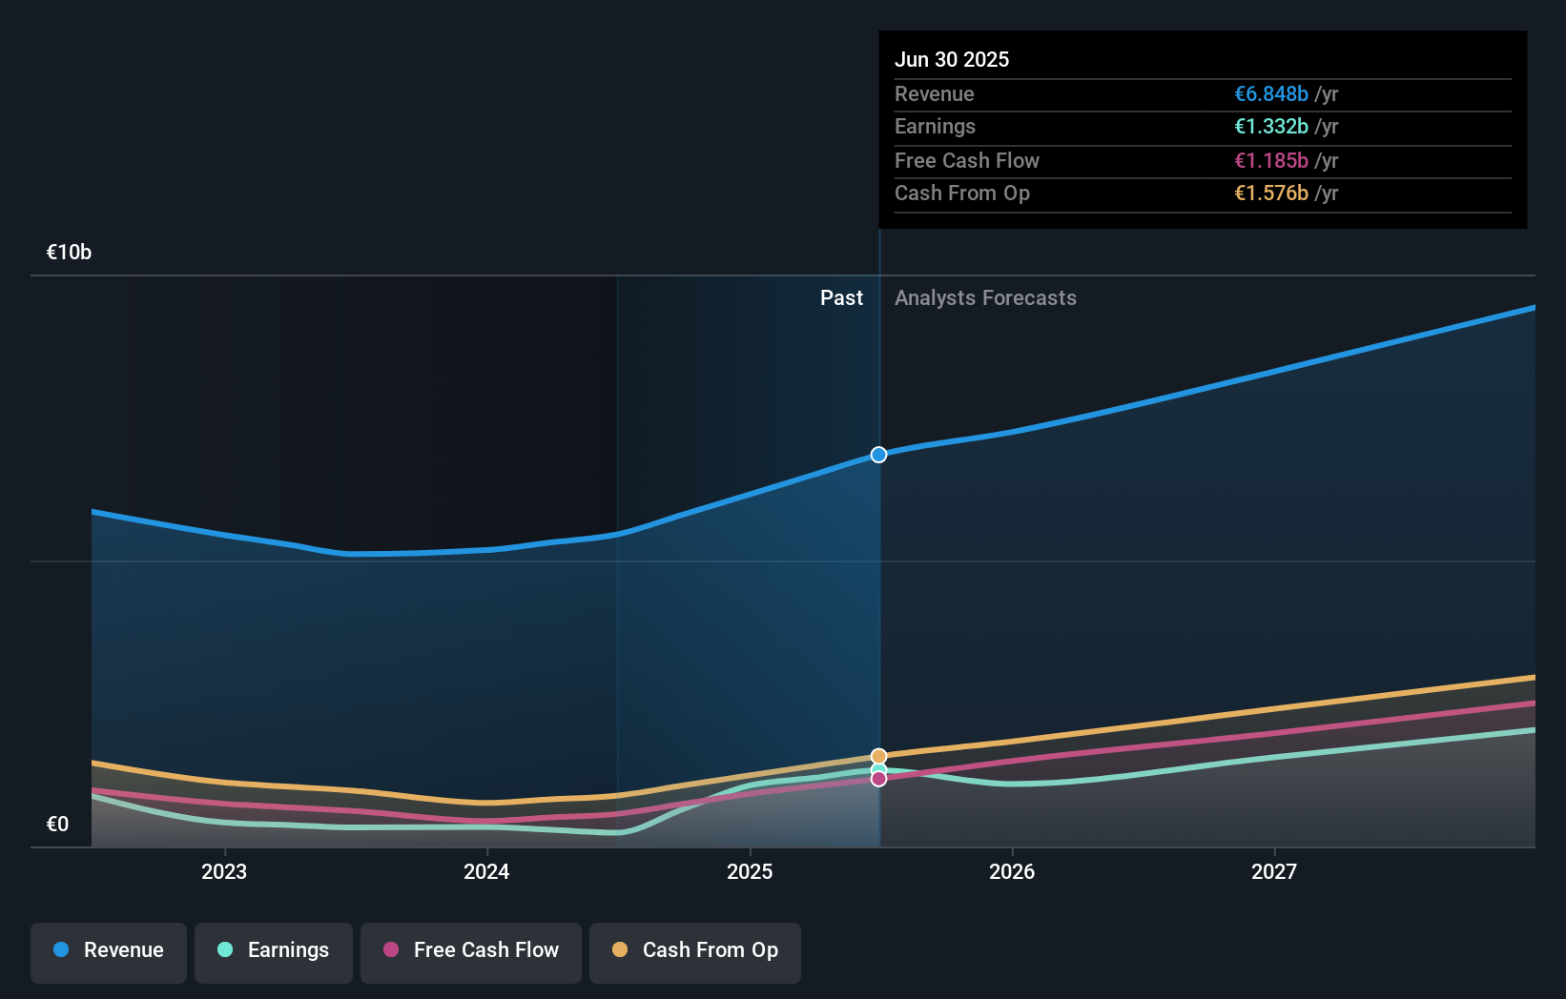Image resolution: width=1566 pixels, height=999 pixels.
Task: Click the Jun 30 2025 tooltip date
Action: pos(951,59)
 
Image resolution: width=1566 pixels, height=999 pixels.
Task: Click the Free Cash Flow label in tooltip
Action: pos(966,160)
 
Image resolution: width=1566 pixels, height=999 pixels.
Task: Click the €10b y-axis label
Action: pos(69,252)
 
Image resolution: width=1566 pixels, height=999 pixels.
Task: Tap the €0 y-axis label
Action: pos(57,824)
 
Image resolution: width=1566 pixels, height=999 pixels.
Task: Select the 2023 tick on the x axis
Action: pos(224,871)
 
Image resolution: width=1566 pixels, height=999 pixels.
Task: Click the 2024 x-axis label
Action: pos(486,871)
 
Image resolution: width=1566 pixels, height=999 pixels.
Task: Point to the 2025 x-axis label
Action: pos(750,871)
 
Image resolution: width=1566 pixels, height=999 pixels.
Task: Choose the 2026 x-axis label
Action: pos(1012,871)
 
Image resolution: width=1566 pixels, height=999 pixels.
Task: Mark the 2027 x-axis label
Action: pos(1274,871)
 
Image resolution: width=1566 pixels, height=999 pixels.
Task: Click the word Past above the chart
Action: pos(841,297)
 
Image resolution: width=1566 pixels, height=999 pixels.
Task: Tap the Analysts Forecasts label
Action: pos(985,297)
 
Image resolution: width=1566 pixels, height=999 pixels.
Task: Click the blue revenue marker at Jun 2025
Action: pos(878,455)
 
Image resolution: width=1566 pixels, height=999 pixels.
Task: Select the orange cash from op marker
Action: pos(878,756)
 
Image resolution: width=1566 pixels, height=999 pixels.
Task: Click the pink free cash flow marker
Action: pos(878,780)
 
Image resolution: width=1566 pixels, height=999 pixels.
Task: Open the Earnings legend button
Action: pos(274,951)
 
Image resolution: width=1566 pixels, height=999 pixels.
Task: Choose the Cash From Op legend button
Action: pos(695,951)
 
